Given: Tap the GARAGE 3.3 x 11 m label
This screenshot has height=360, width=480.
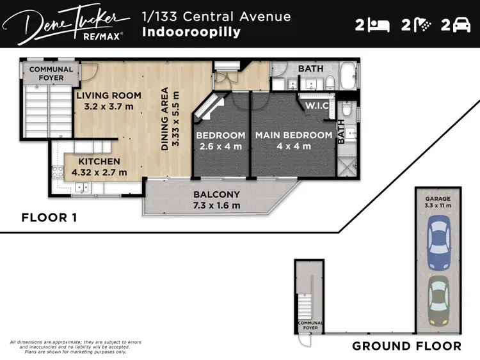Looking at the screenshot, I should pyautogui.click(x=438, y=202).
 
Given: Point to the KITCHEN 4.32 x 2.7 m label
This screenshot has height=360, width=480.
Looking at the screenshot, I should pyautogui.click(x=99, y=167).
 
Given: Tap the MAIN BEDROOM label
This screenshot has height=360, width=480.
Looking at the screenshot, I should pyautogui.click(x=294, y=141).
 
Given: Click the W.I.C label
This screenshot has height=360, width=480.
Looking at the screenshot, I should pyautogui.click(x=317, y=106).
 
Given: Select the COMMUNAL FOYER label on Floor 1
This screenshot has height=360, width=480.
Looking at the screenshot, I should pyautogui.click(x=51, y=74).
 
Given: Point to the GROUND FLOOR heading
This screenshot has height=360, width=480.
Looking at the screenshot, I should pyautogui.click(x=406, y=346).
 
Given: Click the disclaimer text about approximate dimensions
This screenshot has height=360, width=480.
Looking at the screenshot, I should pyautogui.click(x=76, y=347).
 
